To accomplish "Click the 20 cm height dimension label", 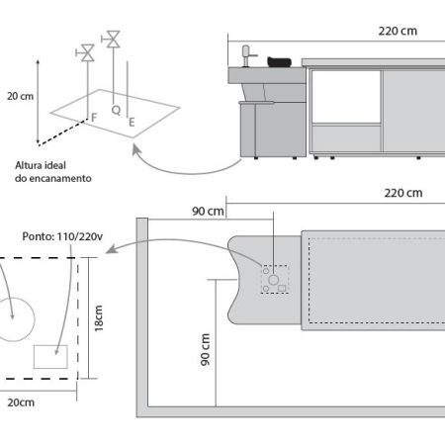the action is click(x=21, y=96).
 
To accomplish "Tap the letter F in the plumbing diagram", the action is click(x=94, y=118).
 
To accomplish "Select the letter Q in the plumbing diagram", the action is click(x=116, y=110).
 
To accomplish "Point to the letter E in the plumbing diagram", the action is click(x=132, y=123).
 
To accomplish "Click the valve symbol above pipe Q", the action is click(x=112, y=40).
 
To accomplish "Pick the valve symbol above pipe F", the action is click(x=86, y=52).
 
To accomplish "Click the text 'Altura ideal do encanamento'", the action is click(x=53, y=172).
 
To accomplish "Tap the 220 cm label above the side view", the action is click(x=398, y=31).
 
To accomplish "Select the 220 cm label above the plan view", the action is click(x=403, y=193).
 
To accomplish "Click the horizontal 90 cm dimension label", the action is click(x=208, y=212).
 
